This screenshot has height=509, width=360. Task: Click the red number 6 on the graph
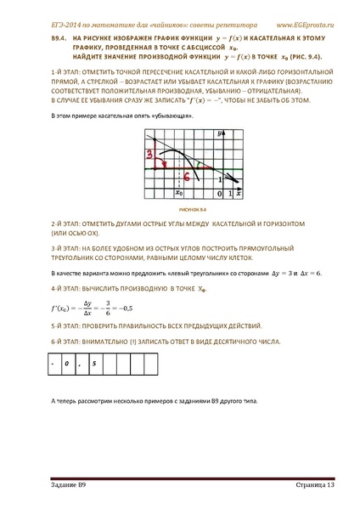[185, 175]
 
